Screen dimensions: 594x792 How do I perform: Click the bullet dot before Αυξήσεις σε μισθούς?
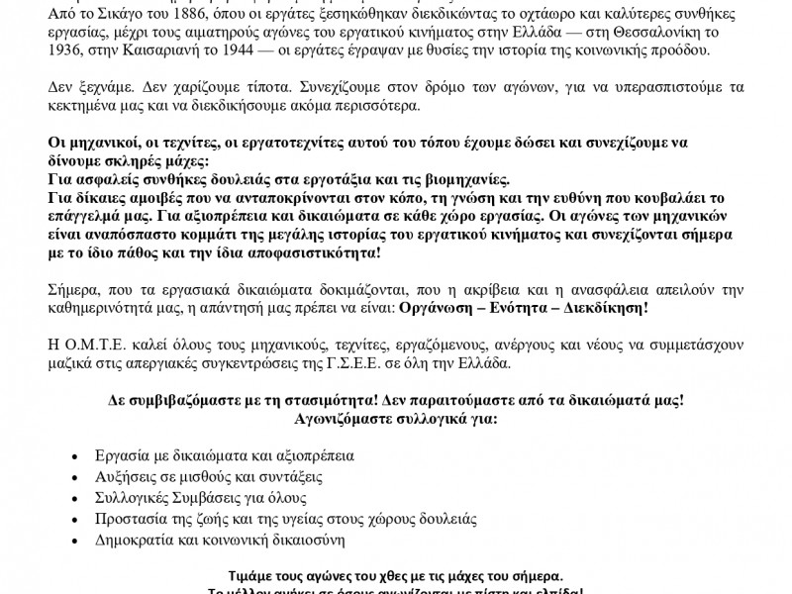point(77,478)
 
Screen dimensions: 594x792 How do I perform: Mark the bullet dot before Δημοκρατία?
point(77,542)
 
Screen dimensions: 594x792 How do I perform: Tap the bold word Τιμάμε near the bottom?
point(259,576)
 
